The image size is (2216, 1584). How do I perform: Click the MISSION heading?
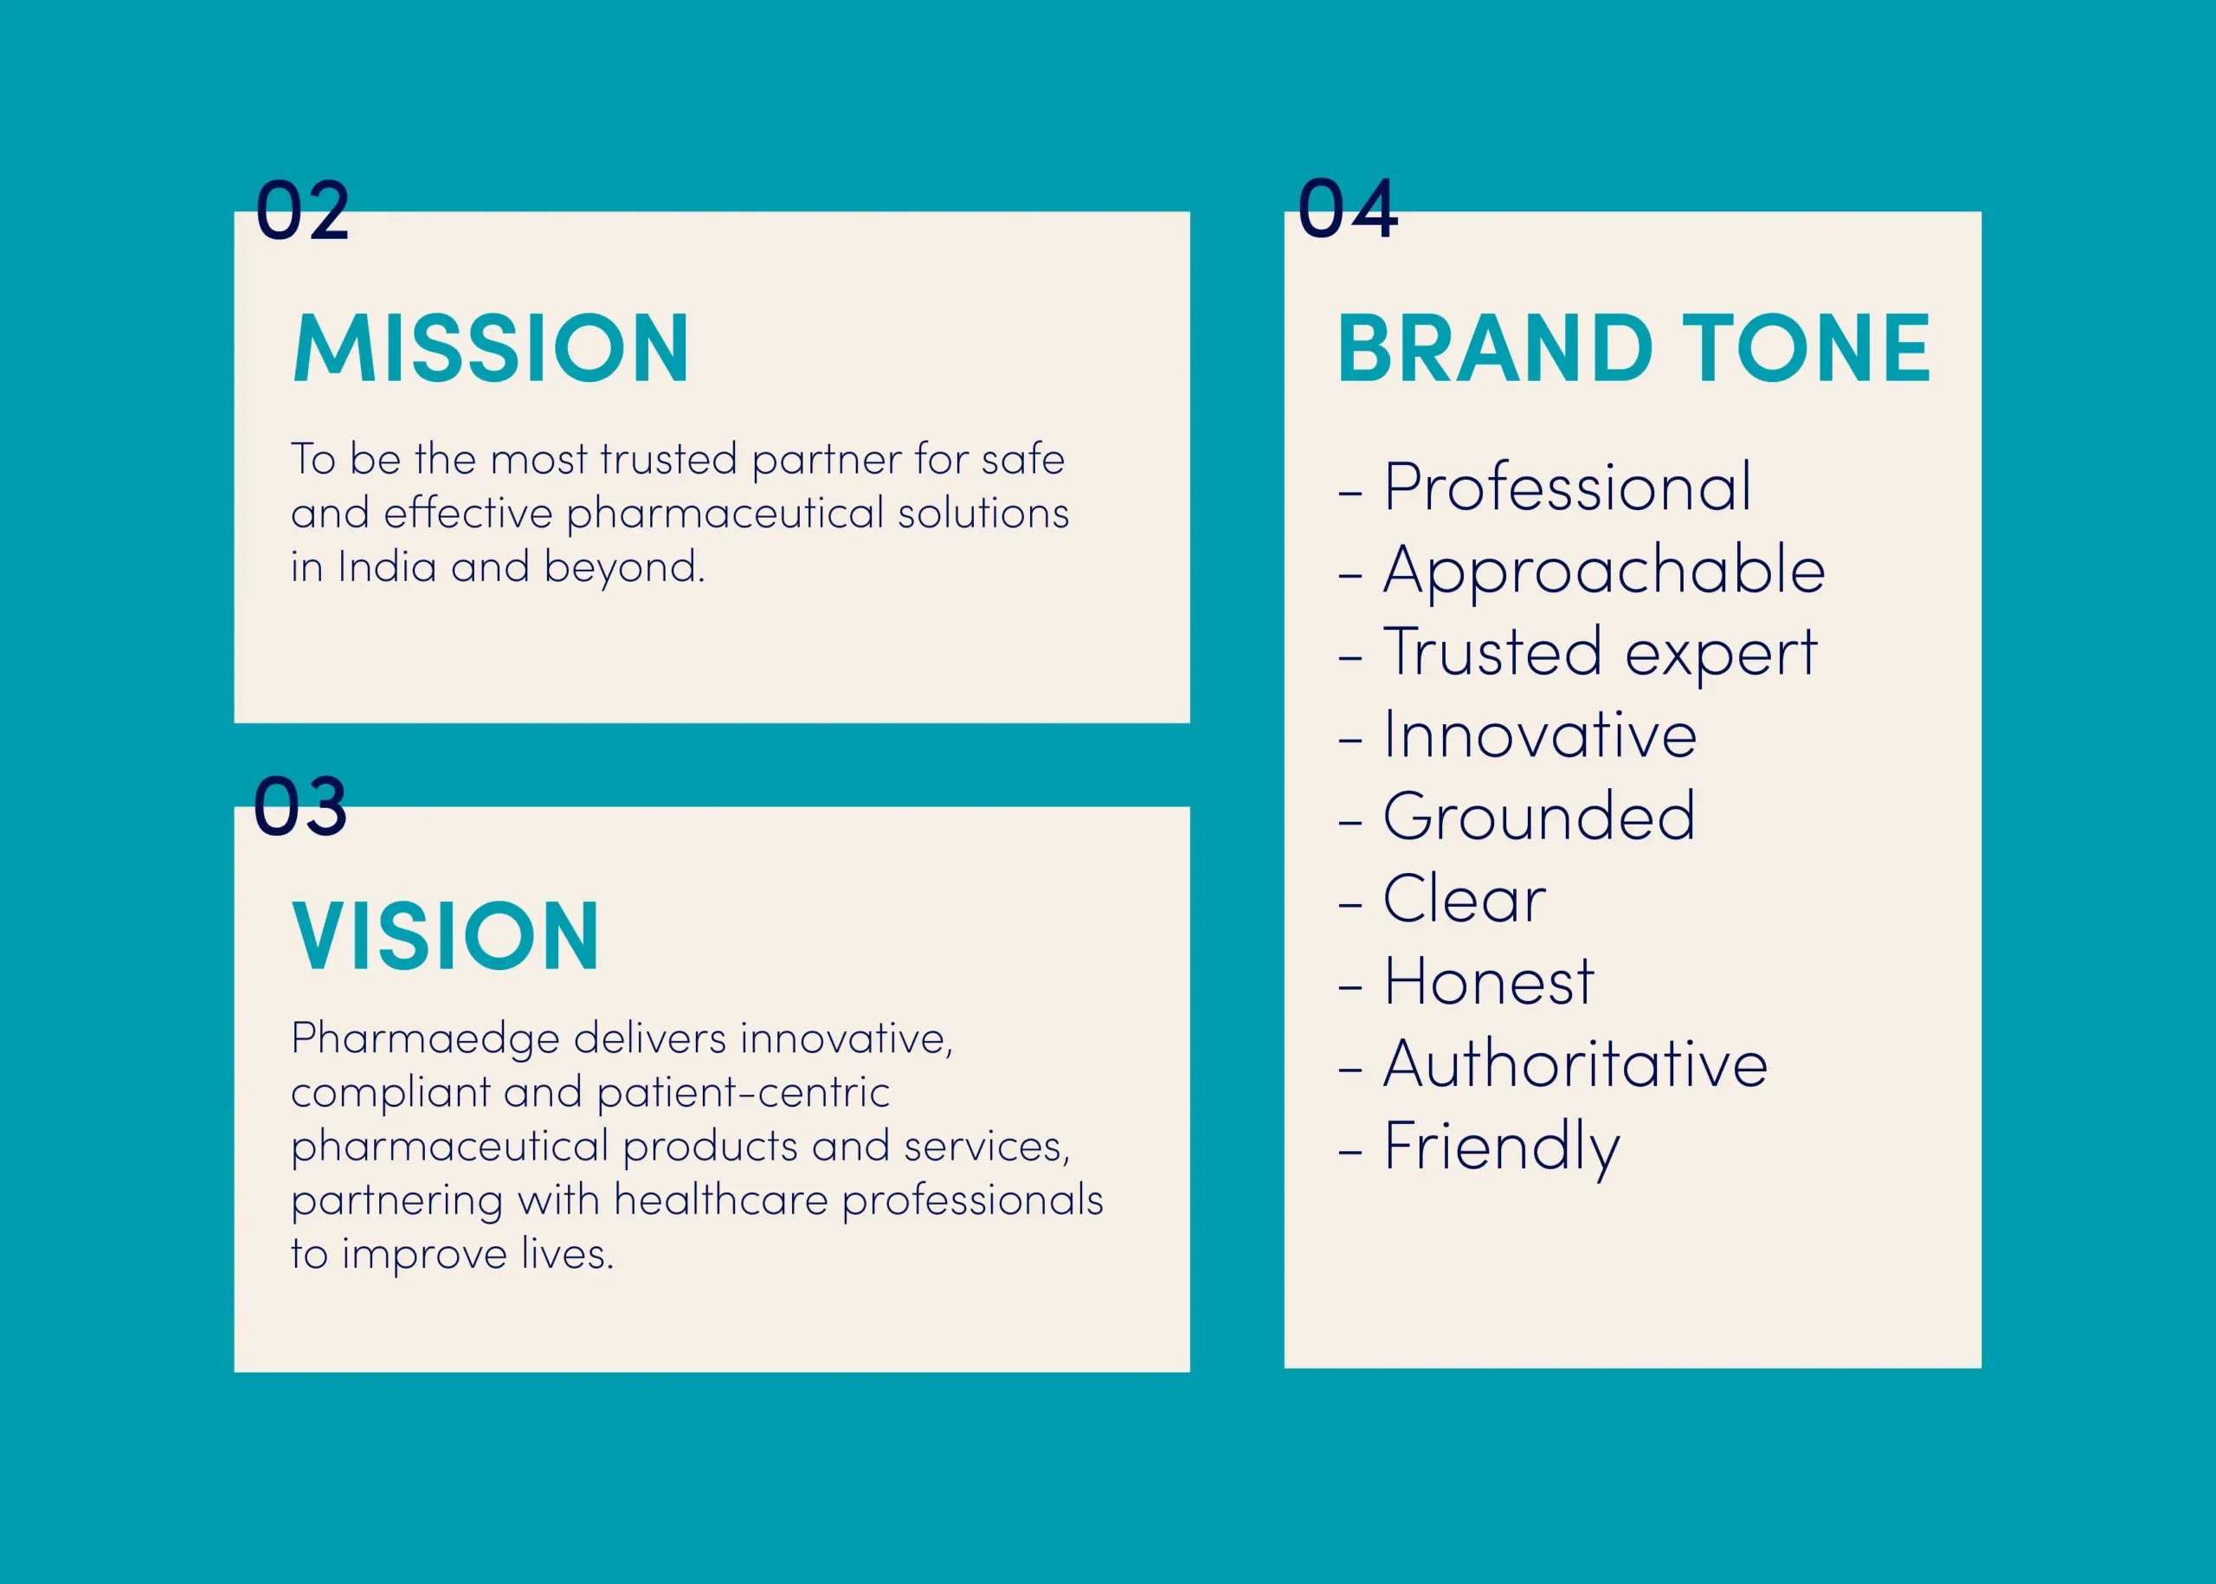coord(491,348)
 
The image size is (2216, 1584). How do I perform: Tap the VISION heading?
coord(446,936)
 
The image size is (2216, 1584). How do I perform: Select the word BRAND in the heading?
coord(1495,348)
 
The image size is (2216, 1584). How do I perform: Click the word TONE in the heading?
coord(1807,348)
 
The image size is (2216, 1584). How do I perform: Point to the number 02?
coord(302,210)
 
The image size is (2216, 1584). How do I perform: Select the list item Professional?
coord(1568,487)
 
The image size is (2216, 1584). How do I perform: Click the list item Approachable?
coord(1605,572)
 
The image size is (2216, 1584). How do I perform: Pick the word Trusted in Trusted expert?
coord(1492,651)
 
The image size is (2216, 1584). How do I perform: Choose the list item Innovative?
coord(1540,734)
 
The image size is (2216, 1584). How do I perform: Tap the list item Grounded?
coord(1539,817)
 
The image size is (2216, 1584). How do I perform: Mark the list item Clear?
coord(1465,898)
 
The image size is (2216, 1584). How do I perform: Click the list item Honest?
coord(1489,981)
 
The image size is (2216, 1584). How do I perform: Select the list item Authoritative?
coord(1575,1064)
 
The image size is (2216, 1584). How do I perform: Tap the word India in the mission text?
coord(387,566)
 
